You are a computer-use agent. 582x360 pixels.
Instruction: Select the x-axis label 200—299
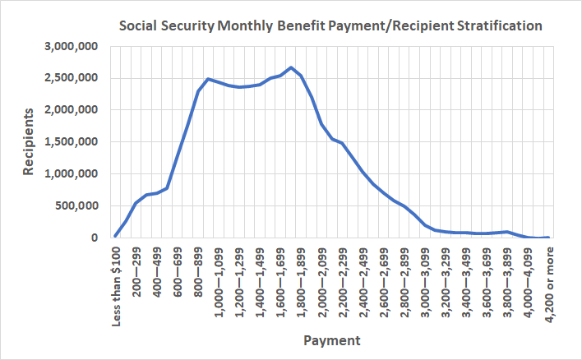click(136, 267)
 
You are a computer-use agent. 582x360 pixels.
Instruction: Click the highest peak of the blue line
click(291, 67)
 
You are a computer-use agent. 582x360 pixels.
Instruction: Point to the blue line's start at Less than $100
click(116, 236)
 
